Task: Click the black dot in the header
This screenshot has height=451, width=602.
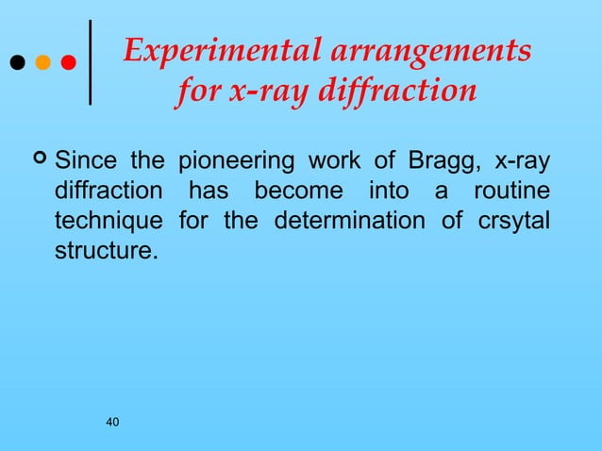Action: click(x=16, y=63)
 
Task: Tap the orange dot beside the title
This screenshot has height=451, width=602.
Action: click(x=42, y=63)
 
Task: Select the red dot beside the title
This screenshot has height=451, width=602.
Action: click(x=68, y=63)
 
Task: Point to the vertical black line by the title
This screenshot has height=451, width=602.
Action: click(x=90, y=61)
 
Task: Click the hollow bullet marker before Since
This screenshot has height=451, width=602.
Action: click(x=40, y=158)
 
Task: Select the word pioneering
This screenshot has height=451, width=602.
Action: click(x=232, y=158)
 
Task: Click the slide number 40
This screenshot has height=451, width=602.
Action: click(x=112, y=421)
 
